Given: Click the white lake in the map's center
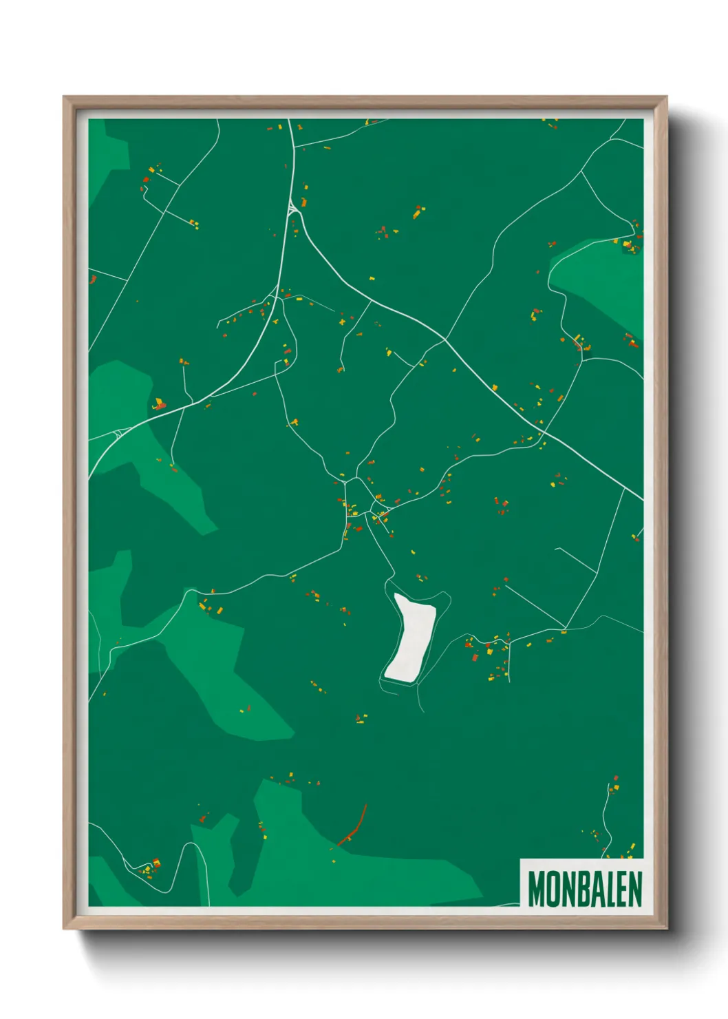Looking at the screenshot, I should coord(411,638).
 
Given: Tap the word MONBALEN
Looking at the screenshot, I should coord(584,889).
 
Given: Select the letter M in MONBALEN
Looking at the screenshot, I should coord(536,889).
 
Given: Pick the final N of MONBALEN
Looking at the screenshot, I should coord(634,889).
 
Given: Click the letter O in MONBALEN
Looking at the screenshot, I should coord(553,889).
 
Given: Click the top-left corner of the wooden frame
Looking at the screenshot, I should coord(65,98).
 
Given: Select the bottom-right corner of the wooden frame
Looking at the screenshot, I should coord(665,928).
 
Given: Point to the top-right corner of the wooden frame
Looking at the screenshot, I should coord(665,98).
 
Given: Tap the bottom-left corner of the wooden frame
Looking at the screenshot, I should coord(65,928).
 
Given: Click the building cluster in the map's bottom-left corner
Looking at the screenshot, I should coord(148,867).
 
